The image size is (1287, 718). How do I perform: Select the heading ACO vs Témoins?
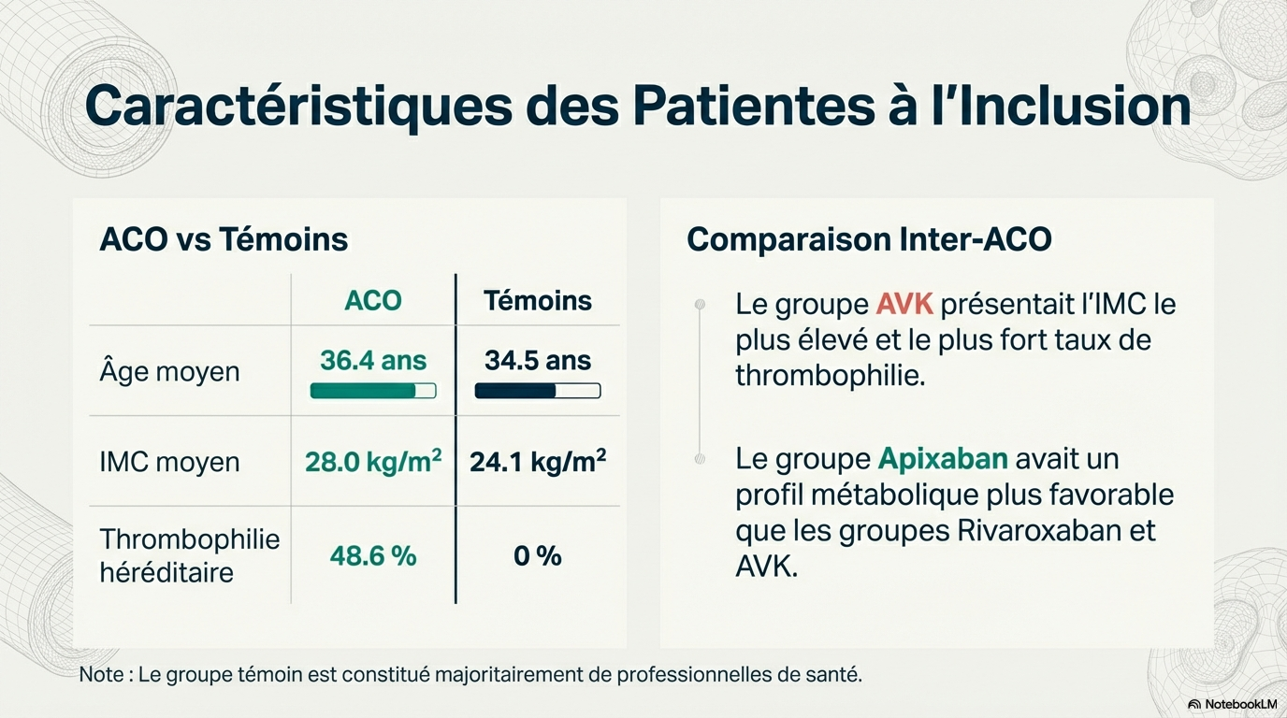click(x=224, y=240)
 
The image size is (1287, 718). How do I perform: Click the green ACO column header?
click(x=373, y=301)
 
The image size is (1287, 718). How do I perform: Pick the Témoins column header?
click(x=538, y=301)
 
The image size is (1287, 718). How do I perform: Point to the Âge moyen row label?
click(x=169, y=372)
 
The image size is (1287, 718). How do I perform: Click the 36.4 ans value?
click(x=373, y=361)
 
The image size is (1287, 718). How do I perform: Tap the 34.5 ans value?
click(x=538, y=361)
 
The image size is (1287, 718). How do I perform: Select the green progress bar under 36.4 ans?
click(x=373, y=391)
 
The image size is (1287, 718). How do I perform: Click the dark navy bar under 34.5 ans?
click(x=538, y=391)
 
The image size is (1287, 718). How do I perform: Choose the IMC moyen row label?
click(x=169, y=462)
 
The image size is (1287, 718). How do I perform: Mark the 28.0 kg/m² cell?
click(x=373, y=462)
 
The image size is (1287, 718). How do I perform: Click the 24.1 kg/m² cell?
click(x=538, y=462)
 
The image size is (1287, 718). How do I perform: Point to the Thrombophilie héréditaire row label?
click(x=190, y=555)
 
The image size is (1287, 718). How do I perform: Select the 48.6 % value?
click(x=373, y=556)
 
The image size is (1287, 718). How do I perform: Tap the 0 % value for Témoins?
click(x=538, y=556)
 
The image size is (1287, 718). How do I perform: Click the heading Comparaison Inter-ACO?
click(x=869, y=240)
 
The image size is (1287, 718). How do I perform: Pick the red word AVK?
click(x=905, y=305)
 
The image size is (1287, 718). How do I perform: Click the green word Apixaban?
click(x=943, y=460)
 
